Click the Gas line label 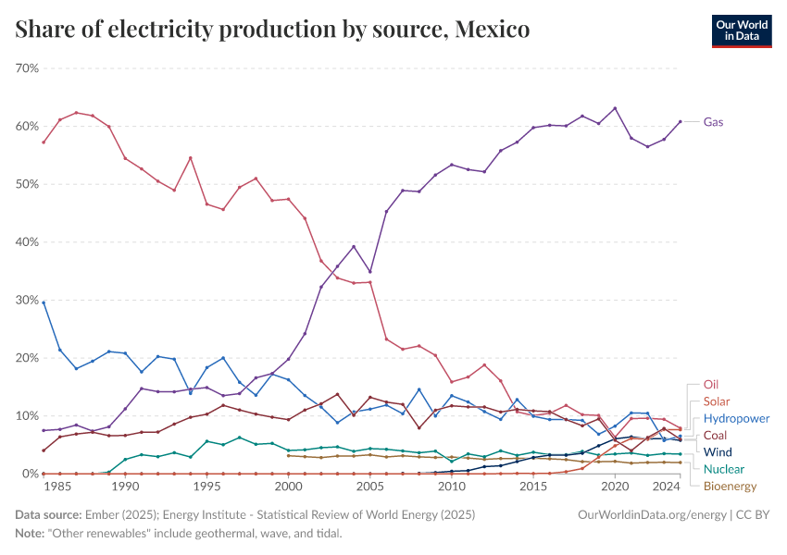[713, 122]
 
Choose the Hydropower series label [736, 418]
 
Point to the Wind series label [718, 452]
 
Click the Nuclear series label [723, 469]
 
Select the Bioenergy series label [730, 486]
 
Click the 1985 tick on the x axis [59, 487]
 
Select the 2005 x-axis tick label [369, 487]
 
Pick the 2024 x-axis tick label [665, 487]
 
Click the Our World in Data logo [741, 31]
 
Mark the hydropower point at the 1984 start [44, 302]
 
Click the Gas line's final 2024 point [681, 121]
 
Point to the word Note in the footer [30, 533]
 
